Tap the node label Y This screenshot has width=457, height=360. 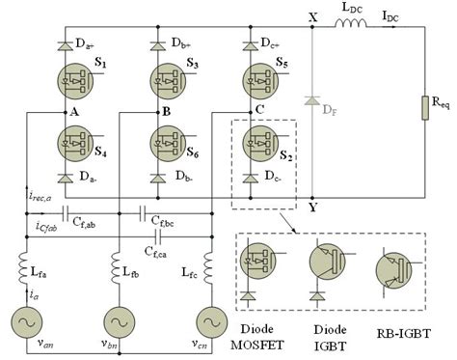pyautogui.click(x=310, y=207)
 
